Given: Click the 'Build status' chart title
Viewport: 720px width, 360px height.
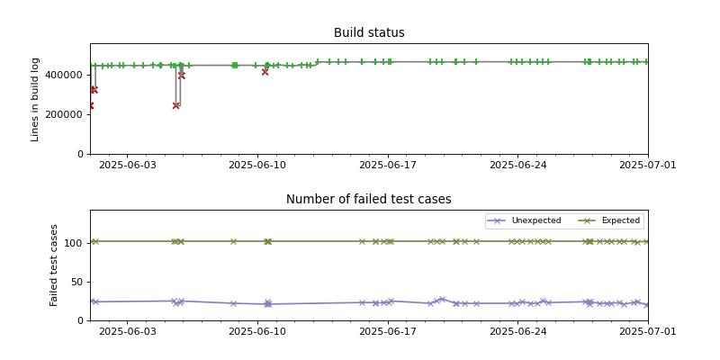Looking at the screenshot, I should tap(369, 33).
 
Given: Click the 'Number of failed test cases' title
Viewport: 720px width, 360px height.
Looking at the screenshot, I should tap(369, 200).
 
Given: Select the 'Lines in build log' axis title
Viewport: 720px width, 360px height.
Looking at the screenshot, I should tap(36, 99).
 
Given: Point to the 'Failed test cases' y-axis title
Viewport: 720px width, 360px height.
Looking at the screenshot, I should tap(54, 265).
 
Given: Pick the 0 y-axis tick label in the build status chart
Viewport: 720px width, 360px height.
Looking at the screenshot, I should tap(81, 154).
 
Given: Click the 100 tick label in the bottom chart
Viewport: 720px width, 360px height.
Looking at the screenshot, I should tap(74, 243).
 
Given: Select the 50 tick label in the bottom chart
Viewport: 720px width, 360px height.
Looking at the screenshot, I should tap(76, 282).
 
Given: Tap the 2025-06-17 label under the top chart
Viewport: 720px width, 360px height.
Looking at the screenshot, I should tap(388, 166).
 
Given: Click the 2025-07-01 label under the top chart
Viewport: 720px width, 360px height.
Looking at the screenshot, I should tap(647, 166).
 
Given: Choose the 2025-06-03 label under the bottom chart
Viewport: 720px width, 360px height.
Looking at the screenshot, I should tap(127, 332).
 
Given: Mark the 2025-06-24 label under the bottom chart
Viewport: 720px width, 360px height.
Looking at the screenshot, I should tap(517, 332).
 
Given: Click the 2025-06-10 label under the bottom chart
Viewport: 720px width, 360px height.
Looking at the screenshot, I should tap(257, 332).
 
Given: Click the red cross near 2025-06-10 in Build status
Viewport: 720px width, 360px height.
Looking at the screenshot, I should tap(265, 72).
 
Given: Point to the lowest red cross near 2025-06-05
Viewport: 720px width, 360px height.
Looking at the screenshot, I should tap(175, 105).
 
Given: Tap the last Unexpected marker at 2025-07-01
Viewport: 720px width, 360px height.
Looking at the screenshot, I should tap(647, 305).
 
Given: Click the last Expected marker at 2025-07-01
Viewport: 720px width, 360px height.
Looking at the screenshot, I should tap(647, 241).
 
